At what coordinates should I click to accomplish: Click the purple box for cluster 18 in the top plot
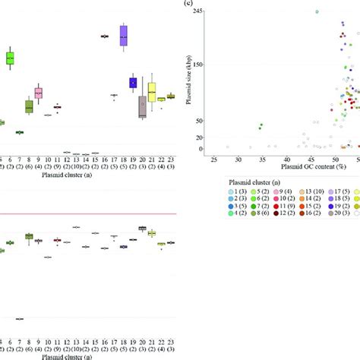[124, 36]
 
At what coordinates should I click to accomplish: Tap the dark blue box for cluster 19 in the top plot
[133, 83]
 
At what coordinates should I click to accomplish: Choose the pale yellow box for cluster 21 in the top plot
[152, 92]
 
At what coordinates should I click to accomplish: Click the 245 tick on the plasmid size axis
[197, 11]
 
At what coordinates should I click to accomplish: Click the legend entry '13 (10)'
[311, 193]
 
